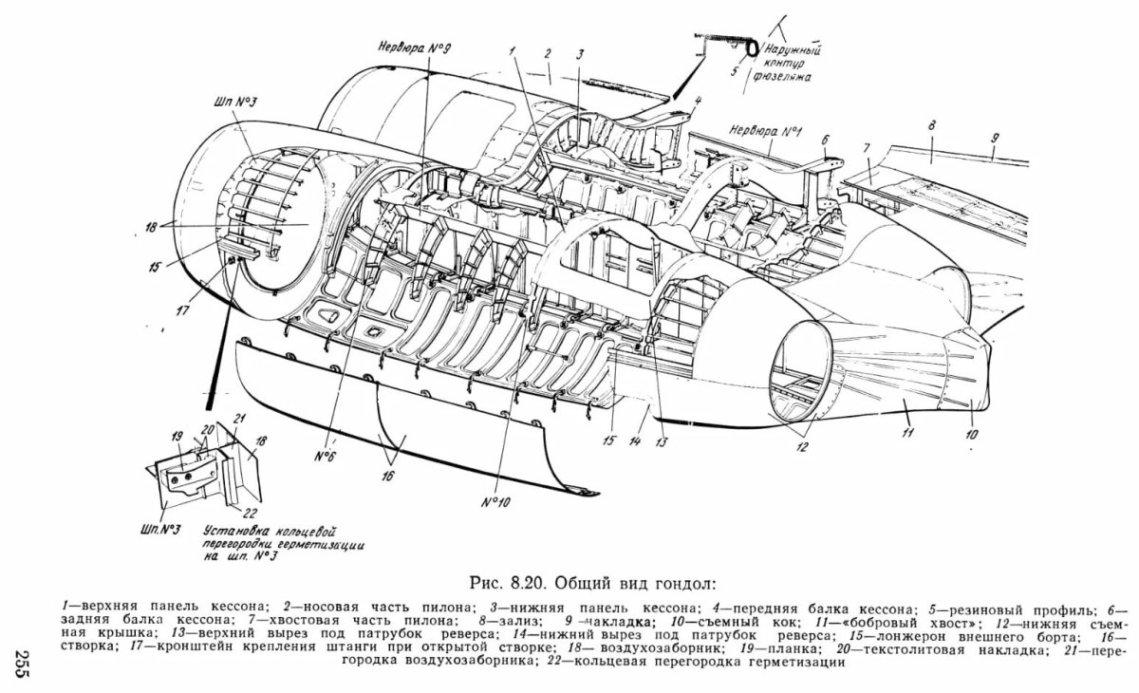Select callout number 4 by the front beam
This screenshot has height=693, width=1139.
[x=696, y=100]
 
